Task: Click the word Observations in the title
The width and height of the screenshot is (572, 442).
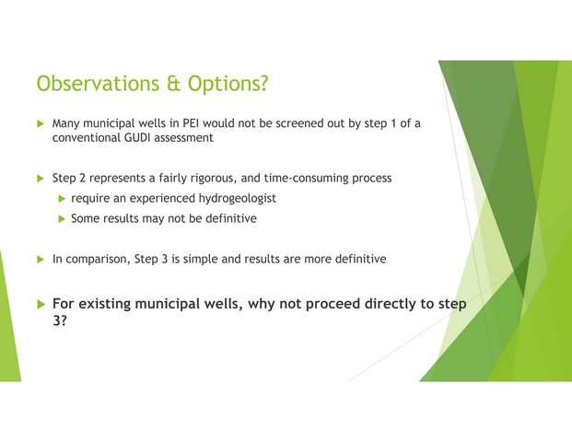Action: [x=98, y=83]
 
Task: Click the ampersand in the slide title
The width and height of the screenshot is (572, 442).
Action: [x=174, y=84]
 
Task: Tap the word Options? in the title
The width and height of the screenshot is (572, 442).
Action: [x=228, y=84]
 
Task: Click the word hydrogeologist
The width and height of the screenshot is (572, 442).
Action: [x=237, y=198]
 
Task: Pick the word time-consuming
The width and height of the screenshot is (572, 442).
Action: [x=306, y=178]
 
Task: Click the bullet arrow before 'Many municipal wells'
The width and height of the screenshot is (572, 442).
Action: [x=41, y=123]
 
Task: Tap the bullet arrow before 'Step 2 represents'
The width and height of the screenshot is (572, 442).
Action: [x=41, y=179]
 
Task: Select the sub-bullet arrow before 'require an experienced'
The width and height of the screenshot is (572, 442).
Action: [x=62, y=198]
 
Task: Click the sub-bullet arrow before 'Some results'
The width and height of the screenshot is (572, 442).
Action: [x=62, y=219]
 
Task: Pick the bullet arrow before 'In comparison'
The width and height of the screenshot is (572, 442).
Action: [x=41, y=260]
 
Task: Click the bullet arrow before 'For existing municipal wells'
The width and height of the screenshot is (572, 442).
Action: [x=41, y=304]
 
